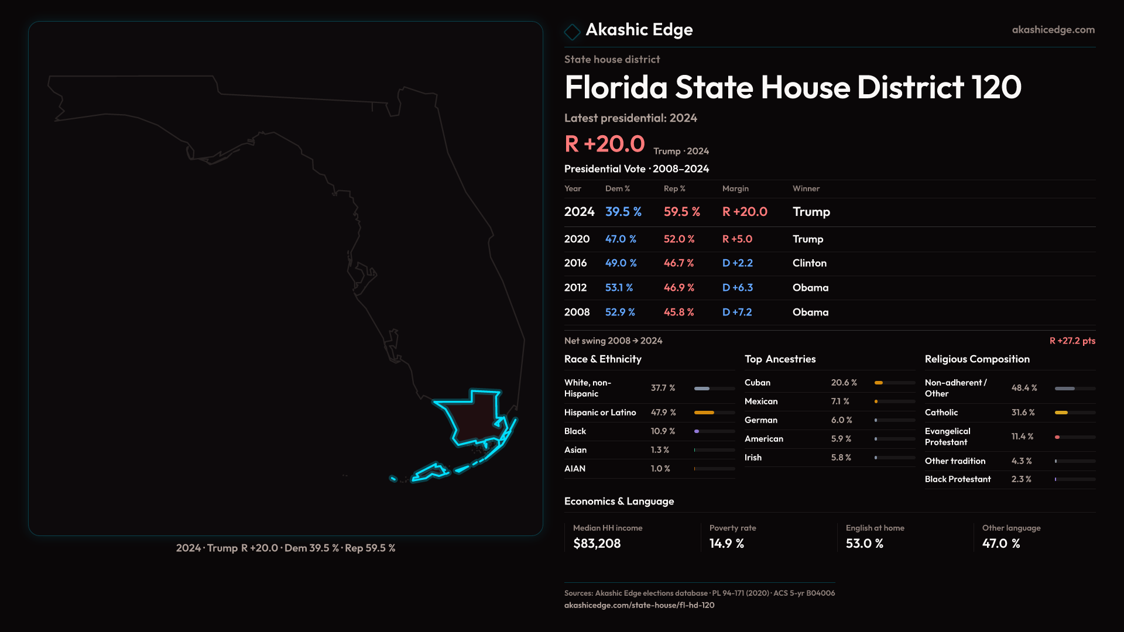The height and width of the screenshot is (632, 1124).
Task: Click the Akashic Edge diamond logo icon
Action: pyautogui.click(x=572, y=31)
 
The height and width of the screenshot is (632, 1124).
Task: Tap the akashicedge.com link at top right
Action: pyautogui.click(x=1053, y=30)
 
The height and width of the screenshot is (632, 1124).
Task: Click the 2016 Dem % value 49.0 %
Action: pyautogui.click(x=621, y=263)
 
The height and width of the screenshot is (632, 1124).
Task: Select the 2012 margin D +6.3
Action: pyautogui.click(x=738, y=288)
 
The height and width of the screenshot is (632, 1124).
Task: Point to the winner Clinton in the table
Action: pyautogui.click(x=810, y=263)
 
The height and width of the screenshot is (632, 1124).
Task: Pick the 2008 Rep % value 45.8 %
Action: pyautogui.click(x=678, y=312)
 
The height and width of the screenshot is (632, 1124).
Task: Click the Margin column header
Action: pyautogui.click(x=735, y=188)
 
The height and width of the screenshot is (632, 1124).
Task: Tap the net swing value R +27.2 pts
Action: pyautogui.click(x=1072, y=341)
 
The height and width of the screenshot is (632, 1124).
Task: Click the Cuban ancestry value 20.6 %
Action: pyautogui.click(x=844, y=383)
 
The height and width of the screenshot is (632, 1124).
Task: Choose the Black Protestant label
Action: pyautogui.click(x=958, y=479)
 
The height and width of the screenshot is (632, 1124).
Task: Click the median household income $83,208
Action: pyautogui.click(x=597, y=544)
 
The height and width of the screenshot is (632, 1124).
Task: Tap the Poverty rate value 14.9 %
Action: pyautogui.click(x=727, y=544)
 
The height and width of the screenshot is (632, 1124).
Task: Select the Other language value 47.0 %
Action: pyautogui.click(x=1001, y=544)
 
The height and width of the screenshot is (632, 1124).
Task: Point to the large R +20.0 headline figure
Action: pyautogui.click(x=604, y=144)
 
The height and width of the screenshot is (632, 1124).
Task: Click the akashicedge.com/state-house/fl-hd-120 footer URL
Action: pyautogui.click(x=639, y=605)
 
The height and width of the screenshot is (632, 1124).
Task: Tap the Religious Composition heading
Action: pyautogui.click(x=977, y=359)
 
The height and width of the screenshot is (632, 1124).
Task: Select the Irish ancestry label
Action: pyautogui.click(x=753, y=458)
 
